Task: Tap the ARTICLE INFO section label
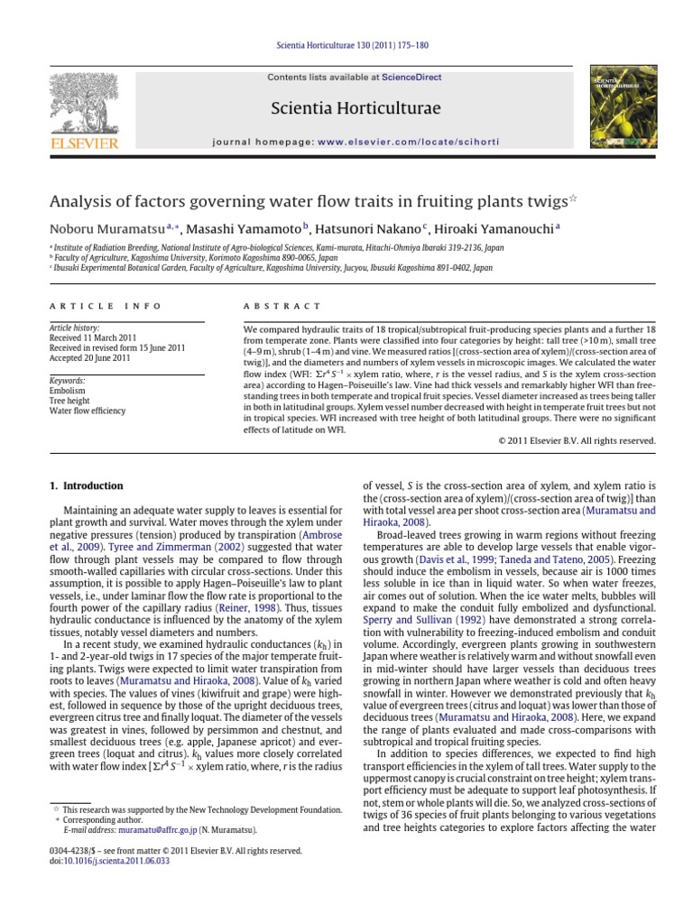pyautogui.click(x=87, y=307)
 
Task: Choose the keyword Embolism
pyautogui.click(x=68, y=392)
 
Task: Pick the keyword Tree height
pyautogui.click(x=70, y=402)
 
